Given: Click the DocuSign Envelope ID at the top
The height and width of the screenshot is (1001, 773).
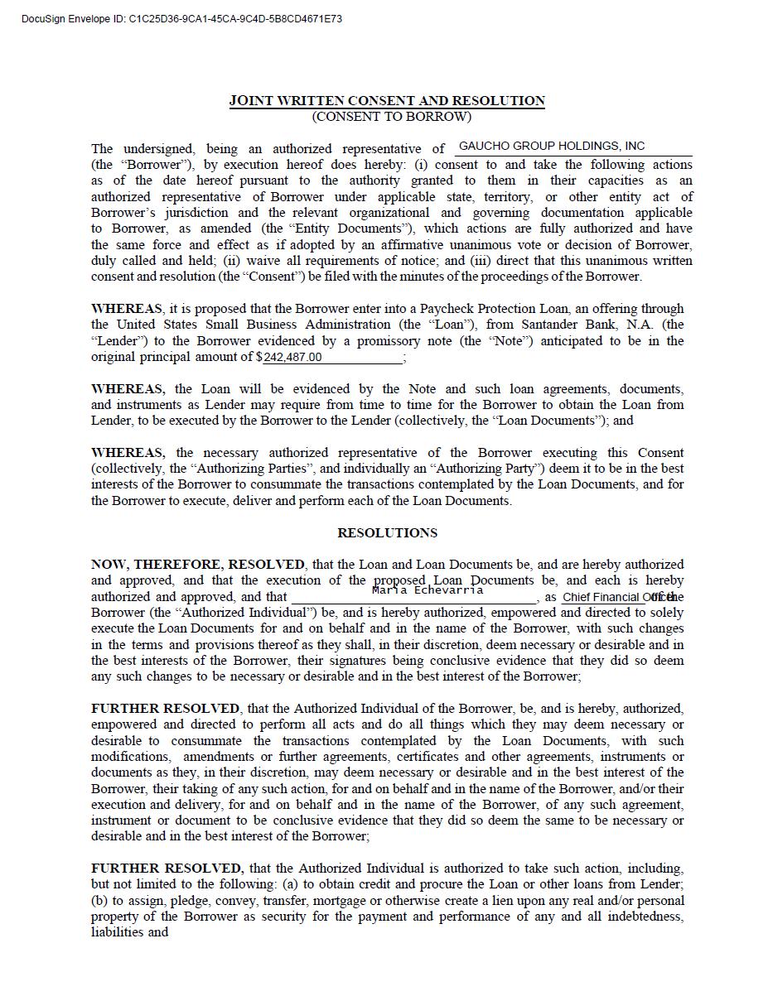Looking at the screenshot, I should [181, 18].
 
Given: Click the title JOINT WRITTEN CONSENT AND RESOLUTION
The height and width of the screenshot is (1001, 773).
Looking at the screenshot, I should [387, 101].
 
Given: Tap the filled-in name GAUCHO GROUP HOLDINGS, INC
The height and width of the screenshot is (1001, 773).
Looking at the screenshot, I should [551, 147].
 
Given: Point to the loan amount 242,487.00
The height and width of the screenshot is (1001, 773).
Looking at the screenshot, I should [292, 358].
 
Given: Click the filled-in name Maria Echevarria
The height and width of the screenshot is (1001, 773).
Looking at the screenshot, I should [428, 590].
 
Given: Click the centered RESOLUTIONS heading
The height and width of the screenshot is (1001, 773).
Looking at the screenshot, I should [387, 532].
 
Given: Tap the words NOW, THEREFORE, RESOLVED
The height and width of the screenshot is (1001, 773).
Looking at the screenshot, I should [197, 565].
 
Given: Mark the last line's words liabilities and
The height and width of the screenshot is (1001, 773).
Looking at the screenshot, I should [129, 932].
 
